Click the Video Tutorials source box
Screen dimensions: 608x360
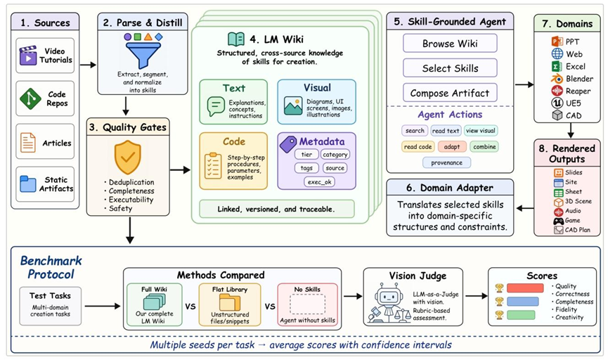[45, 56]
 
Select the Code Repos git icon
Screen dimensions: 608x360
[30, 98]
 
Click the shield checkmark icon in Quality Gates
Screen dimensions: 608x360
[127, 157]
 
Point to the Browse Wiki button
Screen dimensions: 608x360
[450, 44]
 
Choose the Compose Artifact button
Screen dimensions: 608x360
[450, 93]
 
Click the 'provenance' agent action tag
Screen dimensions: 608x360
[447, 162]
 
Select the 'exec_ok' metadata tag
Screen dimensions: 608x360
[320, 181]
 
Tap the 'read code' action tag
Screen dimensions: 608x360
[418, 147]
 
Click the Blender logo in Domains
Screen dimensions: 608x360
[557, 79]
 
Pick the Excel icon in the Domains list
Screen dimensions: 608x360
[557, 66]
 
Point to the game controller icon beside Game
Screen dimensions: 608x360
[558, 221]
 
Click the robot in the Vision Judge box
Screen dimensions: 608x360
[388, 302]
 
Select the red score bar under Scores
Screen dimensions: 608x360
[525, 288]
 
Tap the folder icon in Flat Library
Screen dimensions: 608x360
[230, 302]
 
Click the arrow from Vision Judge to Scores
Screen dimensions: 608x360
[476, 296]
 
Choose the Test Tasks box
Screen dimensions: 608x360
[51, 306]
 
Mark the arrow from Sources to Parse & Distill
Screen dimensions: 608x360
[88, 65]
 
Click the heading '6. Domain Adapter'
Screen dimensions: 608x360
[450, 188]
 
